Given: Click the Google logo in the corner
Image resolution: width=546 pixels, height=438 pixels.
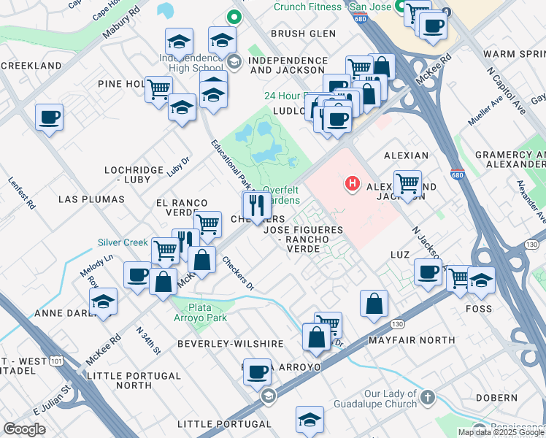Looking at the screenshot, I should coord(24,429).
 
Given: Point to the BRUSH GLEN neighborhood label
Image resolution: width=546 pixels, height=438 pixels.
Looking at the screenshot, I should coord(303,34).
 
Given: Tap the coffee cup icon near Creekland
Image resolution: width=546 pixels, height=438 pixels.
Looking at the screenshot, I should coord(49,118).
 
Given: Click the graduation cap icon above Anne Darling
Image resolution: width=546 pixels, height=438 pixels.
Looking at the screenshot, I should coord(103,301).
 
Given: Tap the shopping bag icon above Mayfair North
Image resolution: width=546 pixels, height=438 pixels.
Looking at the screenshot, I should coord(374,304).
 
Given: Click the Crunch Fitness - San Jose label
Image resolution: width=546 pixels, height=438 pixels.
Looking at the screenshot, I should coord(332,7).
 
